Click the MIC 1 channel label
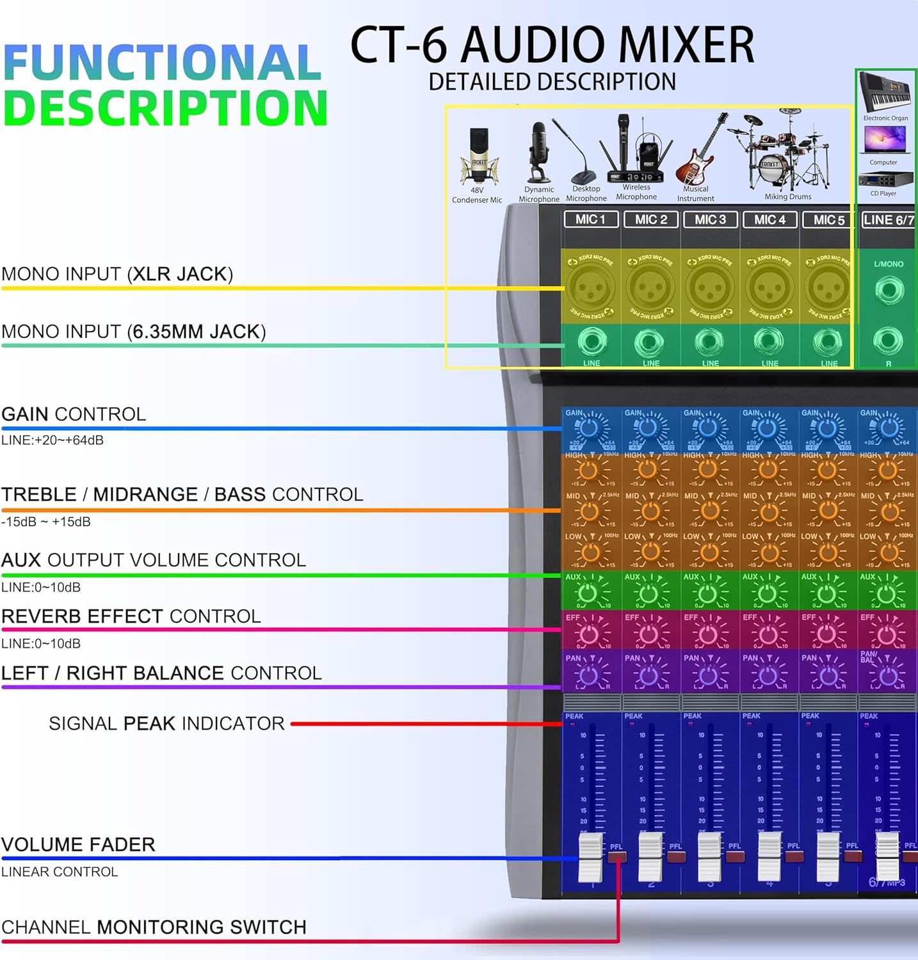[x=590, y=220]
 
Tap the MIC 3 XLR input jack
[x=709, y=287]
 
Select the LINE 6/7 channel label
[x=889, y=220]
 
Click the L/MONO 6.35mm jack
[x=889, y=291]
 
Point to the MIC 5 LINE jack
[x=828, y=343]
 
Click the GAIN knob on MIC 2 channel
[x=648, y=428]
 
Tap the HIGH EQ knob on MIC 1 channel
[x=588, y=470]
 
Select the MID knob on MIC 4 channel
[x=768, y=511]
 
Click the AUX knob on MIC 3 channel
[x=709, y=594]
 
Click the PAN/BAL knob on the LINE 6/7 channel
[x=888, y=676]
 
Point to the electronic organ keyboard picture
[x=885, y=93]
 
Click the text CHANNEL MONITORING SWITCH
[x=154, y=927]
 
